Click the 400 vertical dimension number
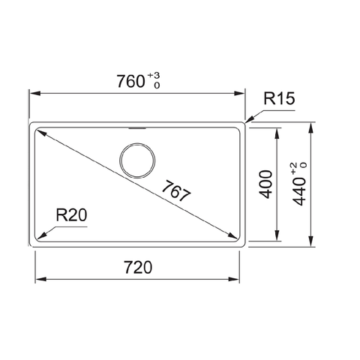pyautogui.click(x=264, y=184)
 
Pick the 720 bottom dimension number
pyautogui.click(x=139, y=266)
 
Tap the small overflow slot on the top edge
pyautogui.click(x=139, y=127)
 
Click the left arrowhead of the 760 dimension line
pyautogui.click(x=34, y=94)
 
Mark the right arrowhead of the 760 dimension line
pyautogui.click(x=241, y=94)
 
